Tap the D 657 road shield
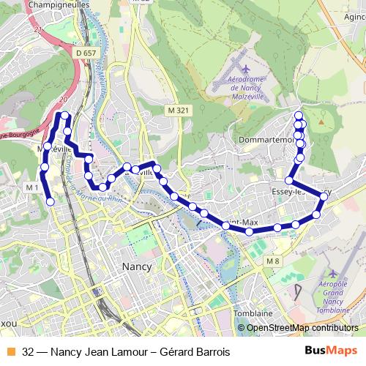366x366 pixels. (x=86, y=53)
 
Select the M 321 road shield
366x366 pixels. (x=178, y=110)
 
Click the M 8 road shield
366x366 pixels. (x=273, y=261)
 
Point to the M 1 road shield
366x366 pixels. (x=31, y=187)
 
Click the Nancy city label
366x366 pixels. (x=138, y=266)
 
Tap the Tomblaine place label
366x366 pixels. (x=253, y=313)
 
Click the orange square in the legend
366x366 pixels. (x=10, y=352)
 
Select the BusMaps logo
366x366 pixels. (x=332, y=351)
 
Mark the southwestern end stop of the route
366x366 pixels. (x=51, y=201)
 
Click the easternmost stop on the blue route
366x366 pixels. (x=324, y=196)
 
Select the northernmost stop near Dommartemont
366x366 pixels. (x=299, y=116)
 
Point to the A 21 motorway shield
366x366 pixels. (x=37, y=30)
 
